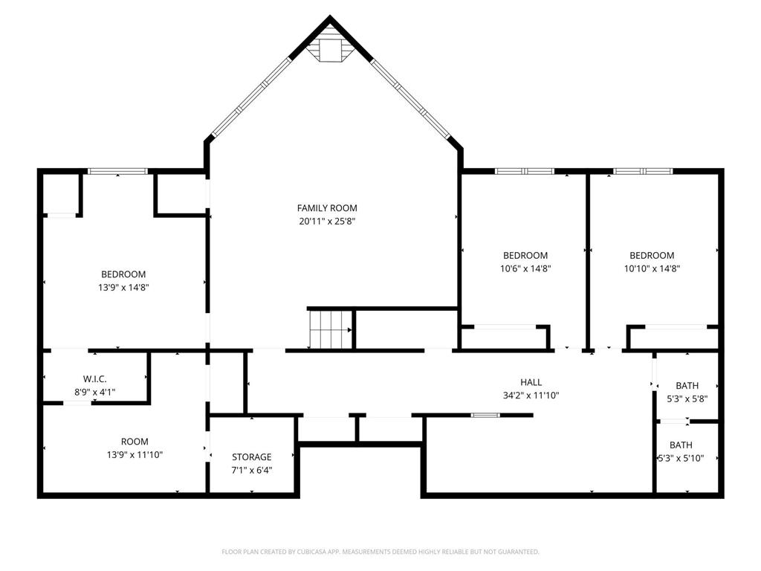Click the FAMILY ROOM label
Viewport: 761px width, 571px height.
(327, 208)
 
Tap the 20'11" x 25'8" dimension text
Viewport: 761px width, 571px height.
(327, 222)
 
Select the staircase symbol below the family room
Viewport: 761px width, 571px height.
(330, 329)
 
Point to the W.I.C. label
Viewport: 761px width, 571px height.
(94, 379)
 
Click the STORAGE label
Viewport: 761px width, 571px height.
(251, 457)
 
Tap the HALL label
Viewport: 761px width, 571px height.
(531, 383)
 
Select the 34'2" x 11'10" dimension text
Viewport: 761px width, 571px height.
(531, 396)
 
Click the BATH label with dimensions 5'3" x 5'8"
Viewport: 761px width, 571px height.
(687, 386)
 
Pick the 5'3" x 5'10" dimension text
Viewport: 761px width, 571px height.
(681, 458)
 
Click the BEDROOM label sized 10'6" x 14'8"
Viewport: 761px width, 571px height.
(525, 256)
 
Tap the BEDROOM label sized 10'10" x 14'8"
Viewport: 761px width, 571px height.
(652, 256)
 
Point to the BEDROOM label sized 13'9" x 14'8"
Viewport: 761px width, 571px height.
(123, 274)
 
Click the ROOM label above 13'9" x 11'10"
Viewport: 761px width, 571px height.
(135, 442)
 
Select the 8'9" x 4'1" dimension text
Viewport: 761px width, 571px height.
(94, 393)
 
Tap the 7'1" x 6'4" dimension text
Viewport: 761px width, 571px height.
(251, 471)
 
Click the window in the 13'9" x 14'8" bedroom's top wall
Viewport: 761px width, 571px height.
(117, 171)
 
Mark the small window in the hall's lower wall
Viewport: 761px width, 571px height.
(485, 415)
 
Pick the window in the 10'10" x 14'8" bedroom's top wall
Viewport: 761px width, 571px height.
(643, 171)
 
